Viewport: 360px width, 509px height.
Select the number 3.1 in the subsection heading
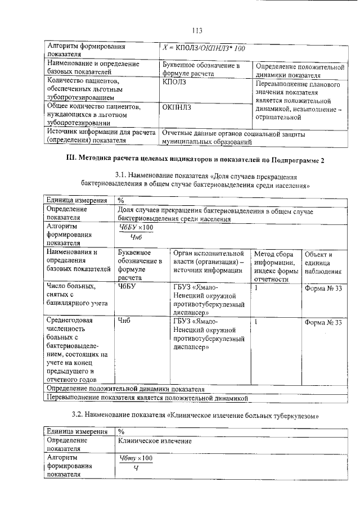click(120, 176)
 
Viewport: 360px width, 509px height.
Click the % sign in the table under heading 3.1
click(121, 200)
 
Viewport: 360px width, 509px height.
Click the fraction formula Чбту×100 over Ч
click(136, 465)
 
